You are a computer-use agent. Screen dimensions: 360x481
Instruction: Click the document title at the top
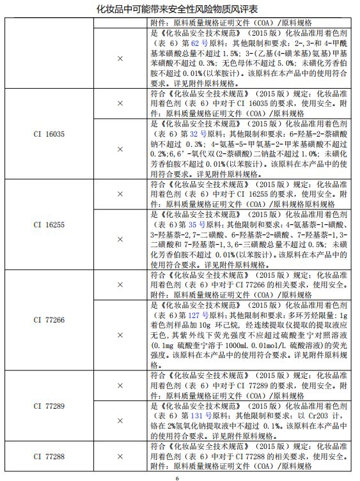coord(180,9)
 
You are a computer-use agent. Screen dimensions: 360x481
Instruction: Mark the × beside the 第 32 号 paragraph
coord(120,149)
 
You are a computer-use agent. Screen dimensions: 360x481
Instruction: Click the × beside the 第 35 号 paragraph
coord(120,239)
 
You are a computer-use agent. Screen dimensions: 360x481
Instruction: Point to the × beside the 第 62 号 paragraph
coord(120,58)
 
